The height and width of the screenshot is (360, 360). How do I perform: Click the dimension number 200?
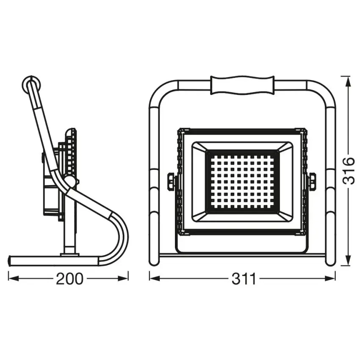pos(68,279)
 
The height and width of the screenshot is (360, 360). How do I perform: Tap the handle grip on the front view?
pos(242,86)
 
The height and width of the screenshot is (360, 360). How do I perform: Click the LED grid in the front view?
pos(242,181)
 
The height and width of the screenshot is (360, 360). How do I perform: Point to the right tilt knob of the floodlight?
pos(313,181)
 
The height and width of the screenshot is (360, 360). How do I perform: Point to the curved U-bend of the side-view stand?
pos(121,237)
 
